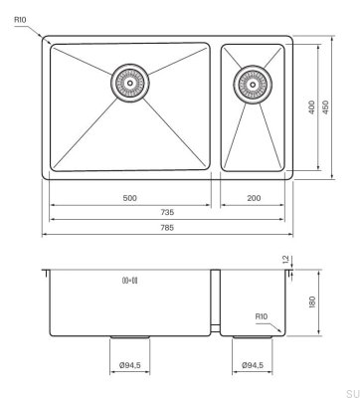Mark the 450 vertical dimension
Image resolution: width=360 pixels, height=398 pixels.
(x=326, y=107)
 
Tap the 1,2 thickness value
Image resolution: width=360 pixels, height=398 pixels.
(x=311, y=260)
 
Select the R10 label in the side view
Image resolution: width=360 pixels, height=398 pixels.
(x=262, y=317)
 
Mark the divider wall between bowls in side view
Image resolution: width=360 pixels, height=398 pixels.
(x=218, y=298)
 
